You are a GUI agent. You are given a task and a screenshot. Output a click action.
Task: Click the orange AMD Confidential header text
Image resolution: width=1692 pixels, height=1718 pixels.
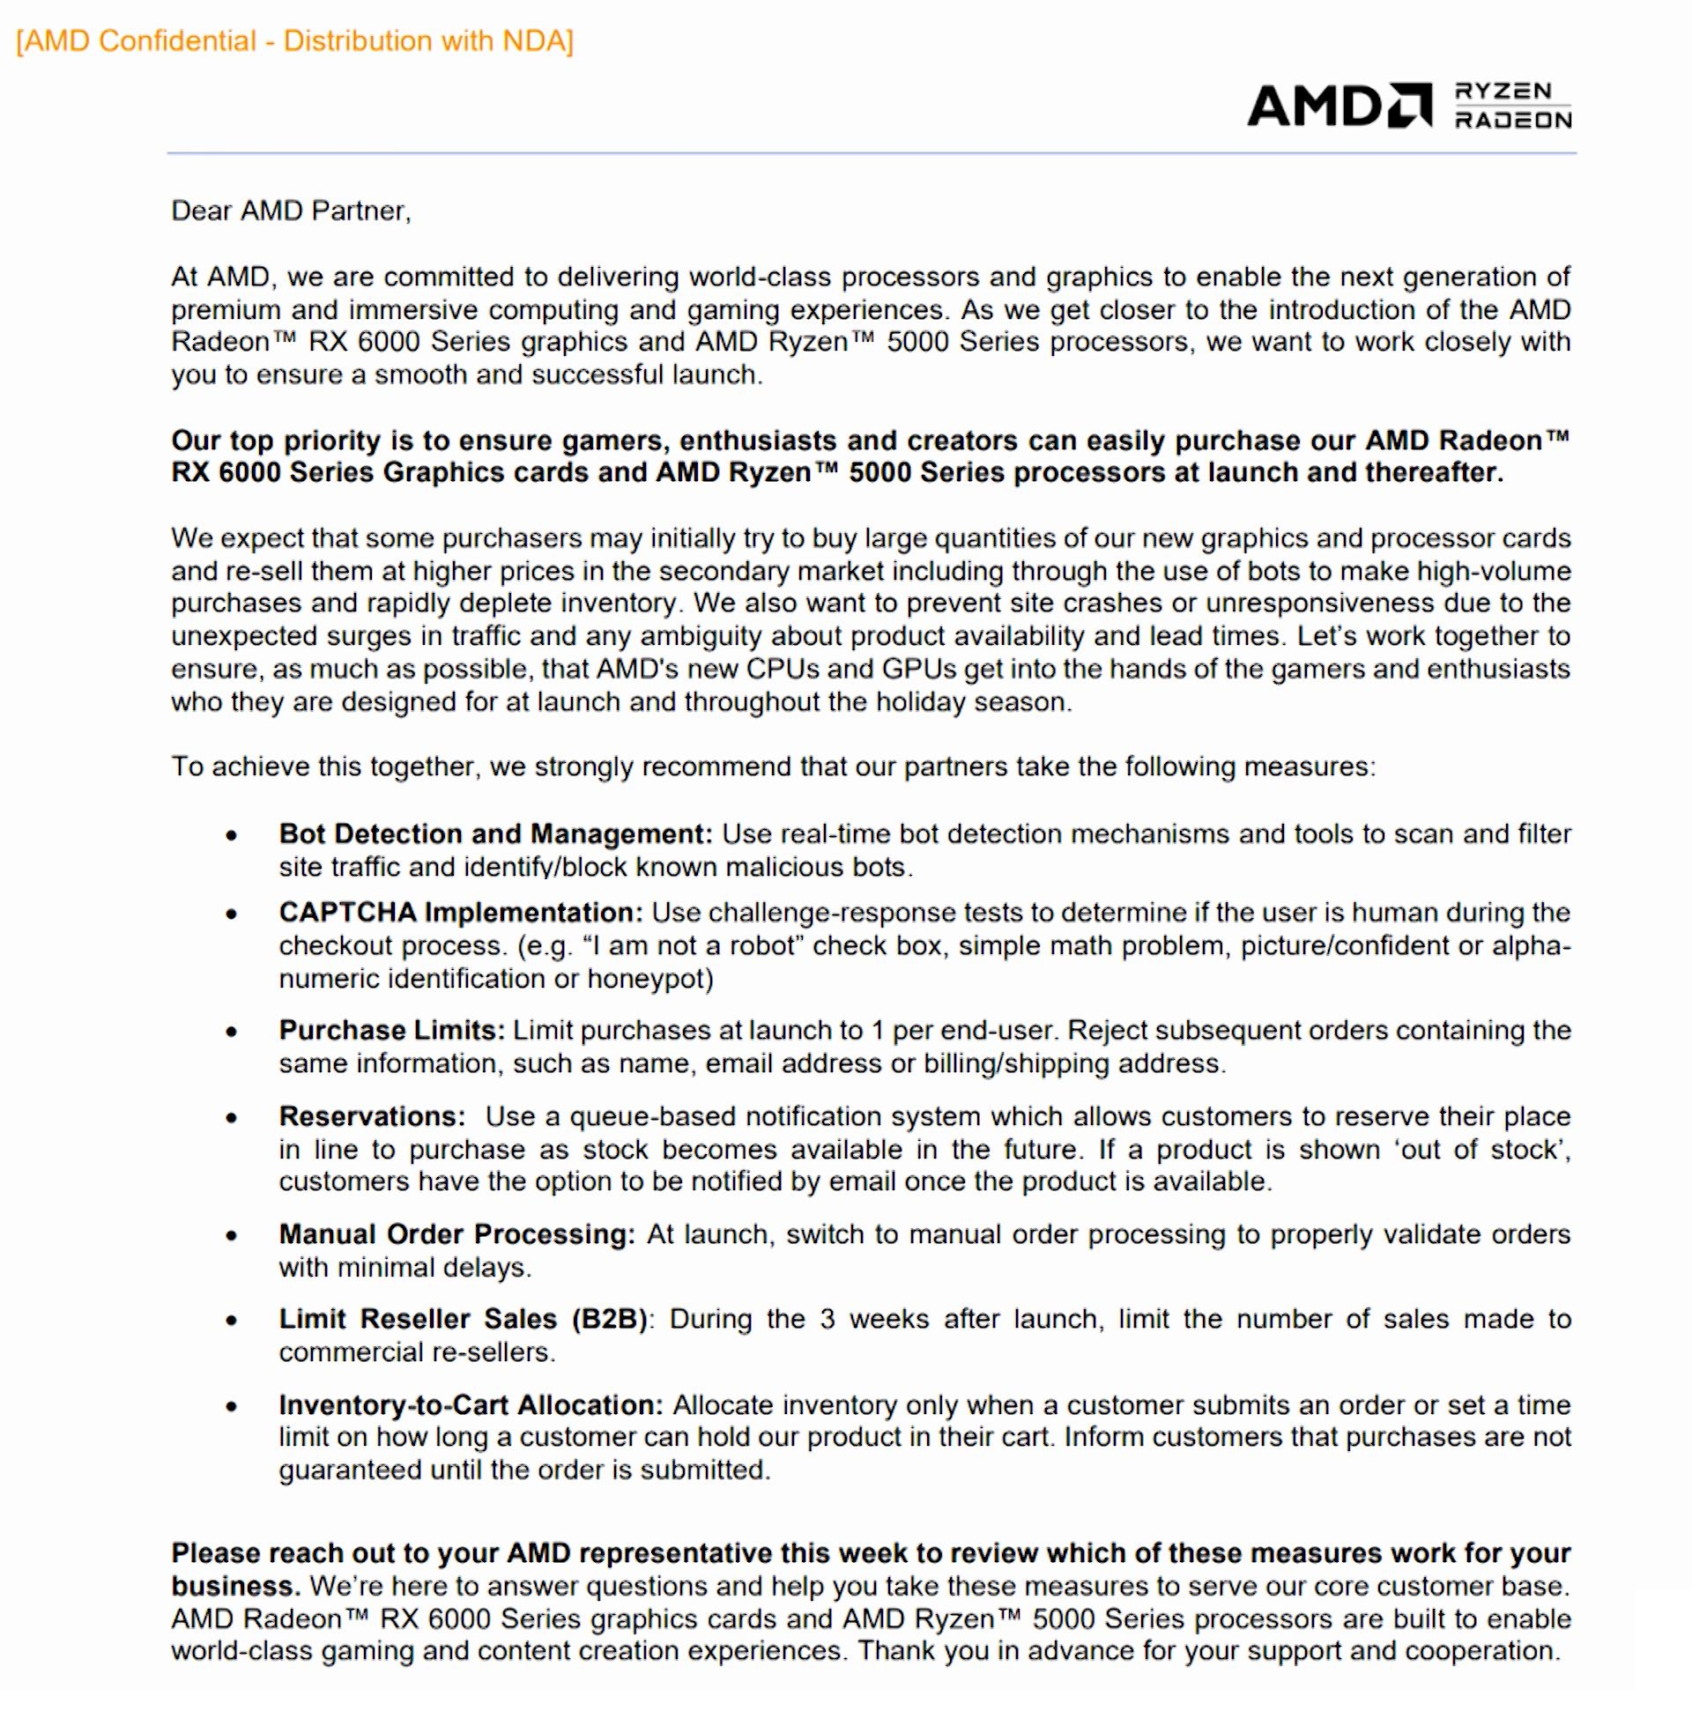(295, 41)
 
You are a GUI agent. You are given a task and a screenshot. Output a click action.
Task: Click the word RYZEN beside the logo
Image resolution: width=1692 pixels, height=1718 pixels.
(1503, 92)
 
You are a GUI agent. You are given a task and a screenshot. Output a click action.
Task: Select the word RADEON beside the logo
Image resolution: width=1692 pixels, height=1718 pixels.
(1512, 120)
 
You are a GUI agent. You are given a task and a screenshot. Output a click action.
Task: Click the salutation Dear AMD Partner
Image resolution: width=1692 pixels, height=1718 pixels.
(291, 211)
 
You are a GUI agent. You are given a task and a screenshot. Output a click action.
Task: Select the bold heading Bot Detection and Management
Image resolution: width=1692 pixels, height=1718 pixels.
(495, 834)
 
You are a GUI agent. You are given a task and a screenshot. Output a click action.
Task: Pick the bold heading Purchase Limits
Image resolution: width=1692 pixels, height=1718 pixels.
(391, 1031)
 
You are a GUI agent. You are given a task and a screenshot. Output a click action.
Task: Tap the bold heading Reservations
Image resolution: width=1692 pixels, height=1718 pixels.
(372, 1116)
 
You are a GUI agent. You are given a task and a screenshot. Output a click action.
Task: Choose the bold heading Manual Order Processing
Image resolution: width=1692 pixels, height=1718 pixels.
(456, 1234)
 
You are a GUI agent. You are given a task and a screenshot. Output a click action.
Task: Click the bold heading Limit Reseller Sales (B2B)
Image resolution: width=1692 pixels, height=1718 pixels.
(463, 1319)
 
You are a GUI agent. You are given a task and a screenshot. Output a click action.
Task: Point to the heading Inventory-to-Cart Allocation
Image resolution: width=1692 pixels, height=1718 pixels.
(471, 1405)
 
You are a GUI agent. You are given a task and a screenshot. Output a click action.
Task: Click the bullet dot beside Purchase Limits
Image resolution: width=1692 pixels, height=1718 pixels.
(232, 1033)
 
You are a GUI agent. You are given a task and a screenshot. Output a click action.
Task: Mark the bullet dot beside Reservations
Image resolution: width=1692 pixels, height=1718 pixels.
(232, 1118)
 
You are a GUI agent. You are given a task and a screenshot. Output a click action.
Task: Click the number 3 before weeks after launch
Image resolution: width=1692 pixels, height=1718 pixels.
(827, 1319)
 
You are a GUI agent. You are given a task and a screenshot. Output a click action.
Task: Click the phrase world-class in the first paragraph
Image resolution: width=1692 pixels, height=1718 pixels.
(761, 278)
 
